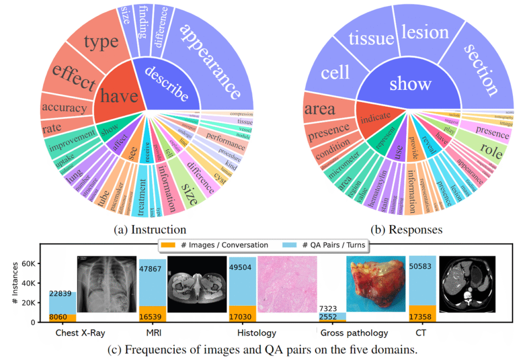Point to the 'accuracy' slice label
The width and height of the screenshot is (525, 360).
click(65, 108)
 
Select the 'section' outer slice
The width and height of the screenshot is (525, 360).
click(479, 69)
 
